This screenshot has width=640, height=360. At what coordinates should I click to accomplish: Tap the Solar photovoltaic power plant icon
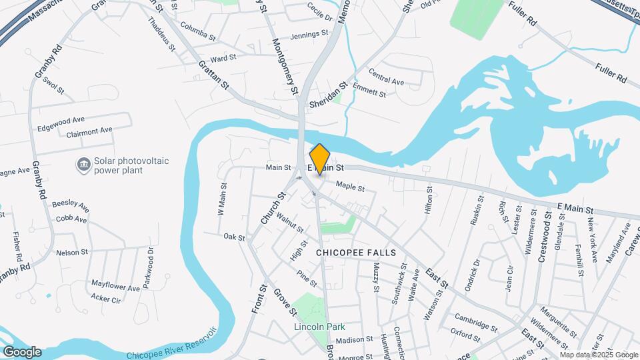click(84, 164)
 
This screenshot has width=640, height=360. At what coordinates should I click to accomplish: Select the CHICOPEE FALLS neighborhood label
click(356, 253)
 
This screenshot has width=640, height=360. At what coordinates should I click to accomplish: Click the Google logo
click(22, 351)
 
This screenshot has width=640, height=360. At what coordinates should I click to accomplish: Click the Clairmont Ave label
click(89, 131)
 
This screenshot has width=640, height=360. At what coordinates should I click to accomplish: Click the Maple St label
click(351, 187)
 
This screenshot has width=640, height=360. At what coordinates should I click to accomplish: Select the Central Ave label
click(386, 81)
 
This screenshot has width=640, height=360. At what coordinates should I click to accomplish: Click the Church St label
click(273, 207)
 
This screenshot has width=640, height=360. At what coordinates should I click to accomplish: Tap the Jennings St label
click(309, 33)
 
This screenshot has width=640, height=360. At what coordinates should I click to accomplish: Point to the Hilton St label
click(429, 199)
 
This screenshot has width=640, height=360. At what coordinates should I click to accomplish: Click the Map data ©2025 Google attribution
click(597, 354)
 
